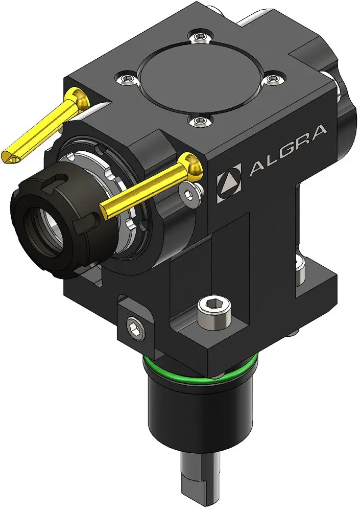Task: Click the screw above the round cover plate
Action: click(x=199, y=37)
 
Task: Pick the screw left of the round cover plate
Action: click(x=127, y=77)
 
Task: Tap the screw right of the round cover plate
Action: click(x=274, y=78)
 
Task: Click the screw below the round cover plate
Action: click(x=199, y=121)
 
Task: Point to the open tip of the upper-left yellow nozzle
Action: click(x=10, y=158)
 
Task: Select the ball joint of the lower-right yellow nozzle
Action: click(x=191, y=164)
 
